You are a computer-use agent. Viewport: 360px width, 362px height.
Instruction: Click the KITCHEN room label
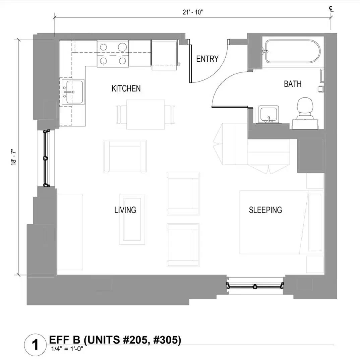[126, 89]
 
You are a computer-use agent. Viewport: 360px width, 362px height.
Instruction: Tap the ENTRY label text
[207, 59]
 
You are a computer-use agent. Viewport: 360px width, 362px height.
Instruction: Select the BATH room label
[293, 84]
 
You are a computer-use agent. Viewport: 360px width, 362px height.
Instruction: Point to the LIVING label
[125, 210]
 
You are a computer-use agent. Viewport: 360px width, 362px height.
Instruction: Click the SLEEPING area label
[265, 210]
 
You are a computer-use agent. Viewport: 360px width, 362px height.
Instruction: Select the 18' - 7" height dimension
[14, 157]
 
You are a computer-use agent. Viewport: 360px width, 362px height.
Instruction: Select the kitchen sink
[73, 92]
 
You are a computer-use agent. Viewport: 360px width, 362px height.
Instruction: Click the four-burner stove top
[113, 54]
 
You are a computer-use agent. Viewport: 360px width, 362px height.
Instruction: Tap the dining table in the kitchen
[145, 114]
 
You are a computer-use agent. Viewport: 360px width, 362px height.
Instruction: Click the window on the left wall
[46, 158]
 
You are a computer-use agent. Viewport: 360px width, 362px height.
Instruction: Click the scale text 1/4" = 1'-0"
[67, 349]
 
